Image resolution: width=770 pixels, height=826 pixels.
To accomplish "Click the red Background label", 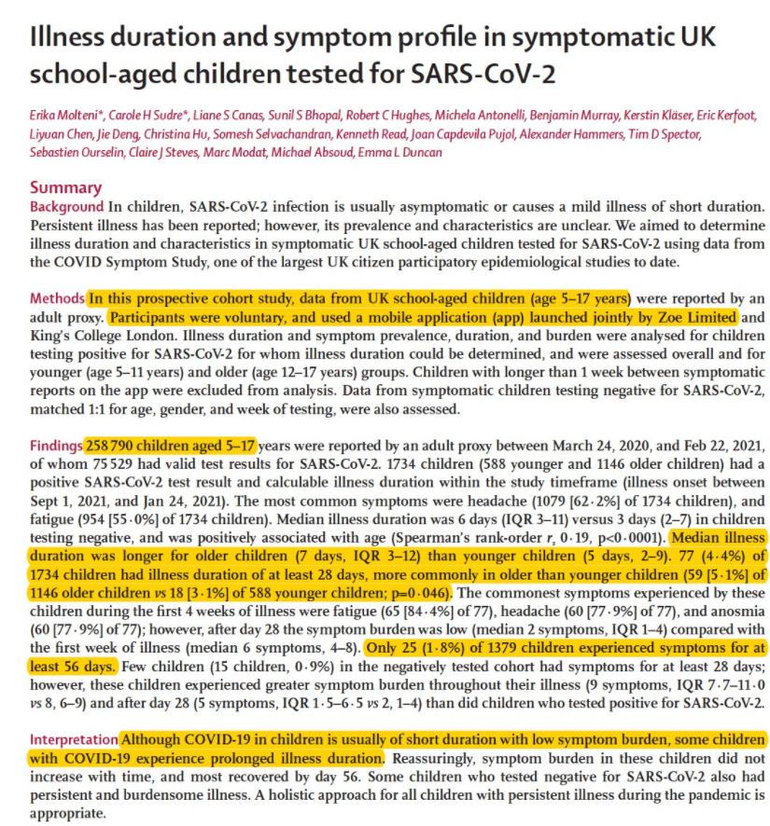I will tap(66, 206).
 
